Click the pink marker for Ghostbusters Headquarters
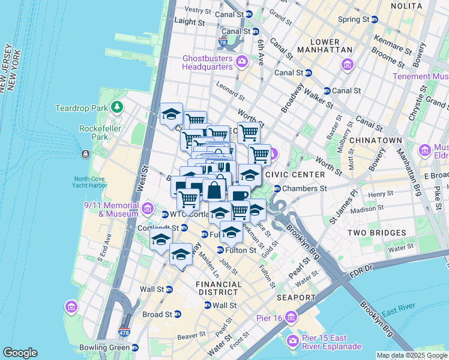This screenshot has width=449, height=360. point(242,61)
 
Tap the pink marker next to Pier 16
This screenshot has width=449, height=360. point(291,317)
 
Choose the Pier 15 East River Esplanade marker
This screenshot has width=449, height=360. point(293,341)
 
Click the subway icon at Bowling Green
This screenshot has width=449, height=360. point(135,347)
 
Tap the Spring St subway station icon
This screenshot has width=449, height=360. point(376,19)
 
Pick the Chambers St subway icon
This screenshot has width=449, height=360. point(277,188)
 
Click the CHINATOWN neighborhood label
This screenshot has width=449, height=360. point(378,140)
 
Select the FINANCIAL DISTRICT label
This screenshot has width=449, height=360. point(219,288)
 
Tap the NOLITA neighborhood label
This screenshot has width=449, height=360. point(408,5)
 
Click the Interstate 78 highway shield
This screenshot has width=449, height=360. point(223,43)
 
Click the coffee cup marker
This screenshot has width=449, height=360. point(239,196)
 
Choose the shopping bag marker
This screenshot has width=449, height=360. point(215,190)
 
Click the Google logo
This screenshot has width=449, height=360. point(20,353)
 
